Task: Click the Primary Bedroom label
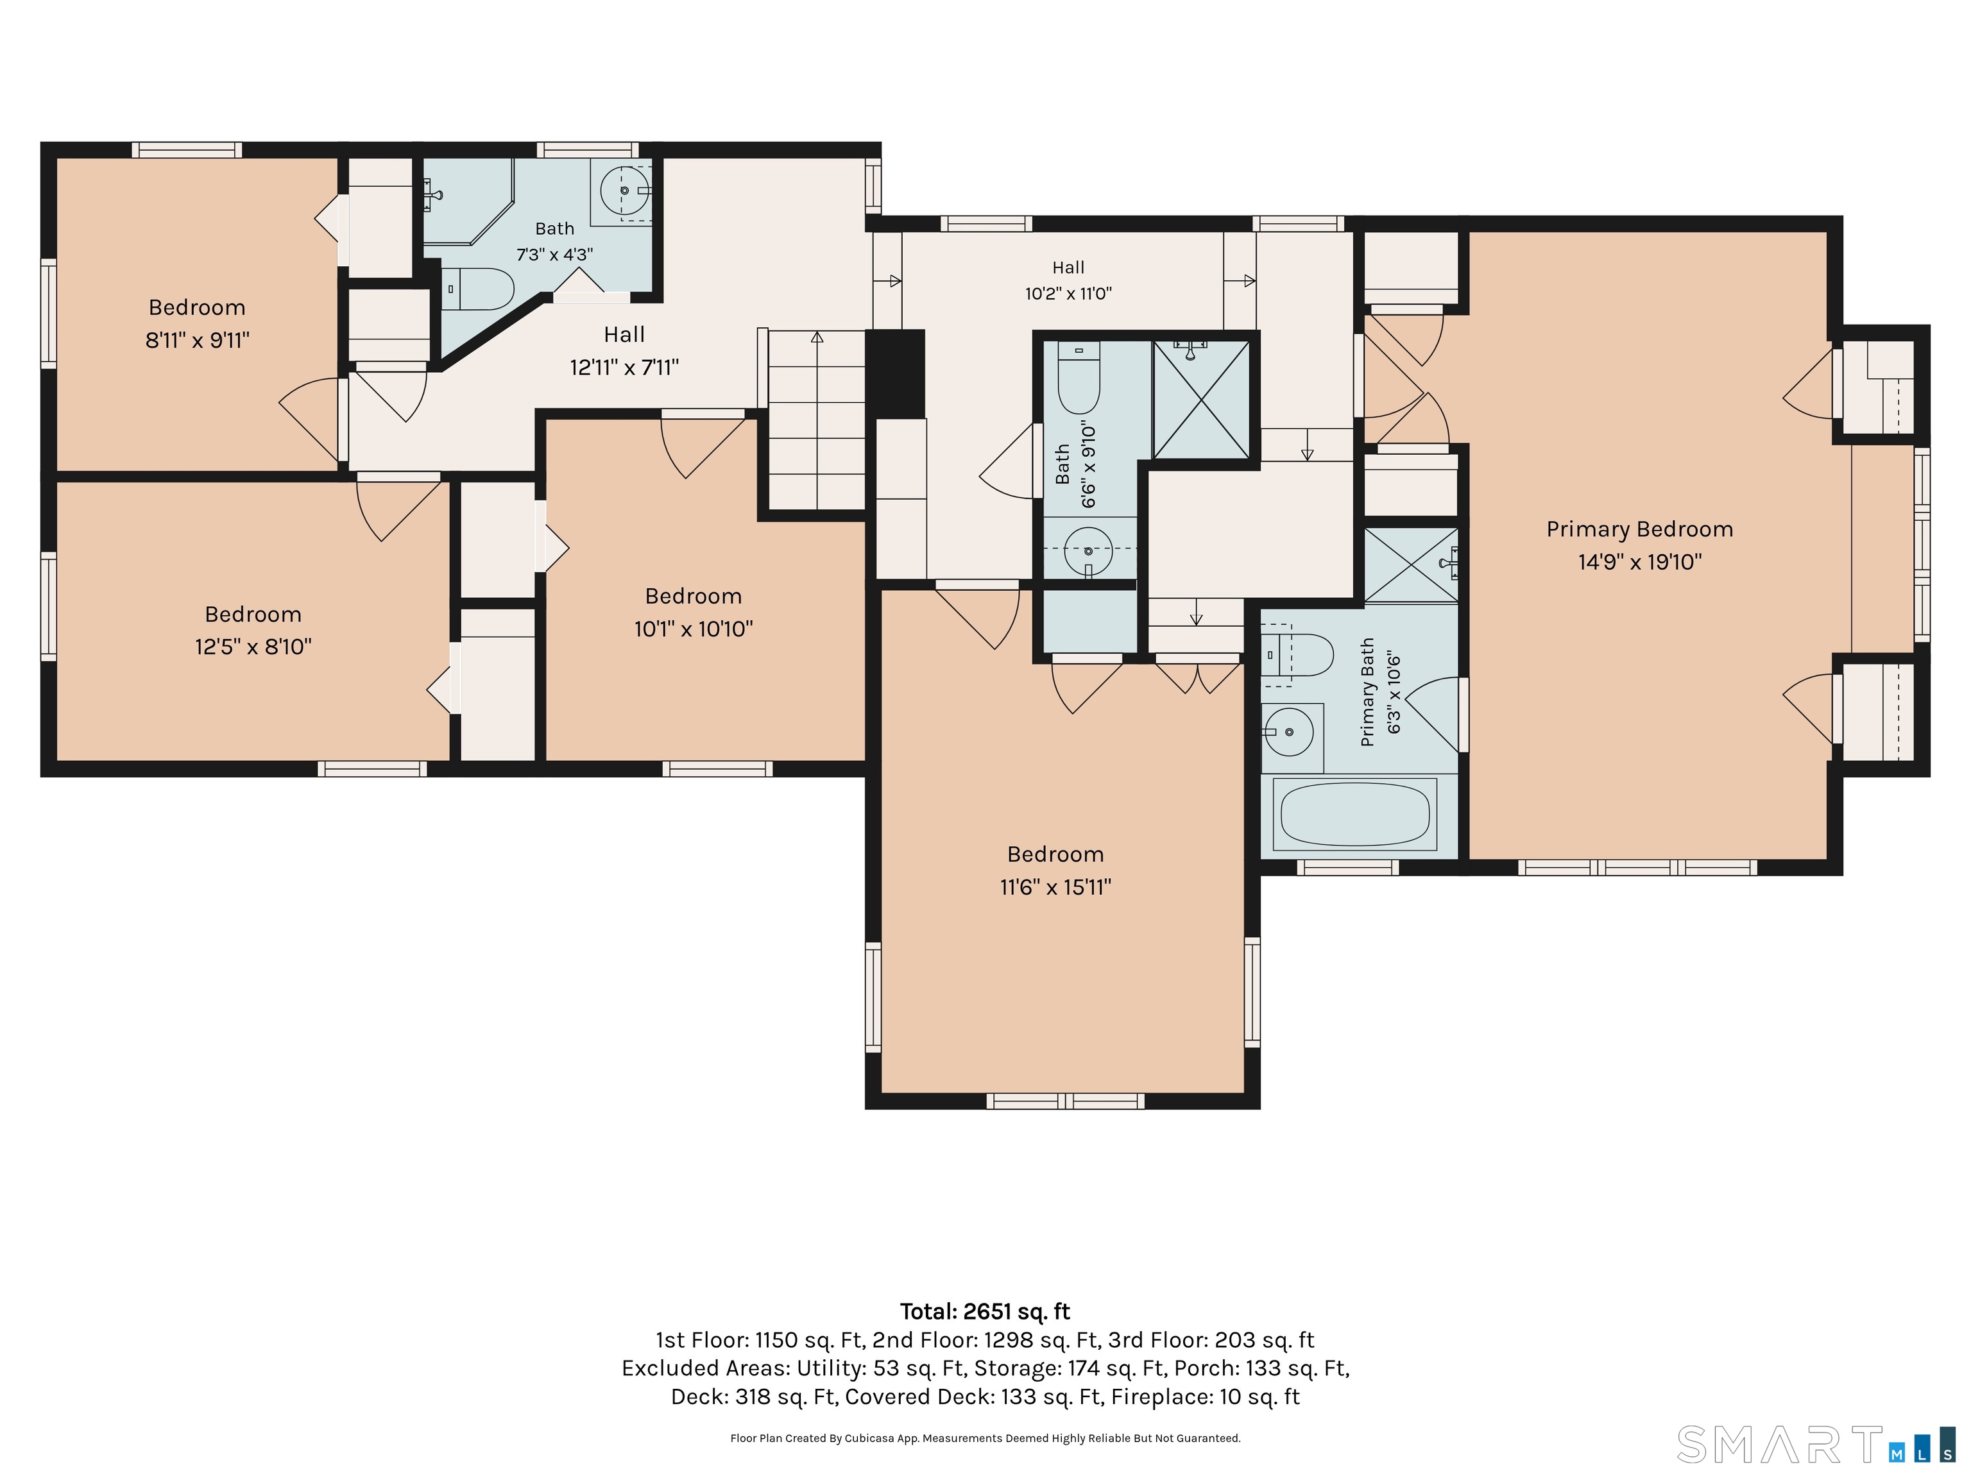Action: (x=1639, y=529)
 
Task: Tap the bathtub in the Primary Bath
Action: (x=1355, y=813)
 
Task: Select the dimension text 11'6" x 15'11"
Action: (x=1056, y=887)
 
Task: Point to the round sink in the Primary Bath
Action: (x=1288, y=731)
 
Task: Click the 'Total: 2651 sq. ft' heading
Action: (x=985, y=1311)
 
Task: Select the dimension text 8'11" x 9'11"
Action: (x=198, y=341)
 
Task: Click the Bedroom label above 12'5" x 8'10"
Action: (x=253, y=614)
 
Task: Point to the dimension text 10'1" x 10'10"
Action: (x=693, y=629)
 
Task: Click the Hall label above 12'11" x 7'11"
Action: (x=624, y=335)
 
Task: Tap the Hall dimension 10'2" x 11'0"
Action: (x=1068, y=293)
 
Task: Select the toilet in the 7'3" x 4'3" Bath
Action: (x=479, y=289)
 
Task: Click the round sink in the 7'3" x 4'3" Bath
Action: (x=625, y=190)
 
